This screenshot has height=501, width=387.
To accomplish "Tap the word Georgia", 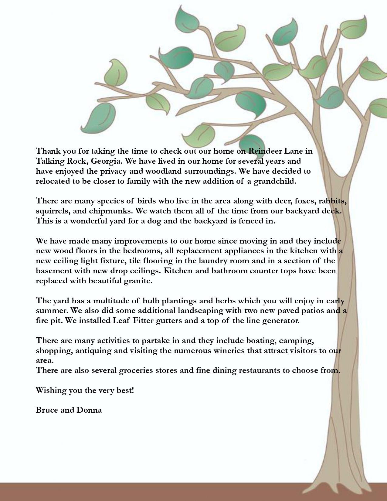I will [x=106, y=161].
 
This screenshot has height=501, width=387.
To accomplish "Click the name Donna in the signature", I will [x=89, y=410].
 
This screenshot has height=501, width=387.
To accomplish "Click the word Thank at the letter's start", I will [x=48, y=151].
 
